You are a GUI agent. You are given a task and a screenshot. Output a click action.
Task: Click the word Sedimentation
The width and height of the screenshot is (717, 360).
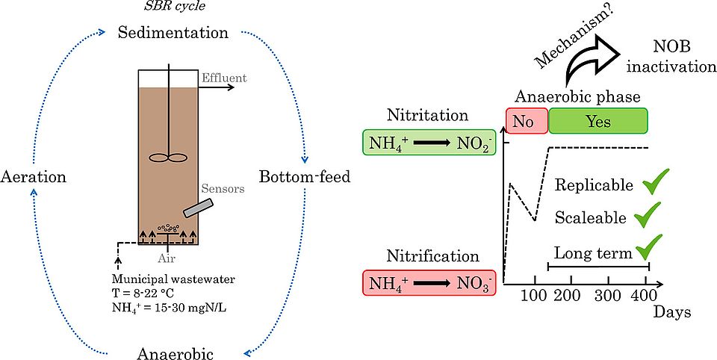click(173, 34)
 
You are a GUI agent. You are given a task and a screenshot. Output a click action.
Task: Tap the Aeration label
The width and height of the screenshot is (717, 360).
click(34, 178)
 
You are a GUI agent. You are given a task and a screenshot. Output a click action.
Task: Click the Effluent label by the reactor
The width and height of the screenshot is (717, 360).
click(223, 78)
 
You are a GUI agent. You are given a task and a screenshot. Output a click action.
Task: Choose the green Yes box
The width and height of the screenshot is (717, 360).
click(597, 121)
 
